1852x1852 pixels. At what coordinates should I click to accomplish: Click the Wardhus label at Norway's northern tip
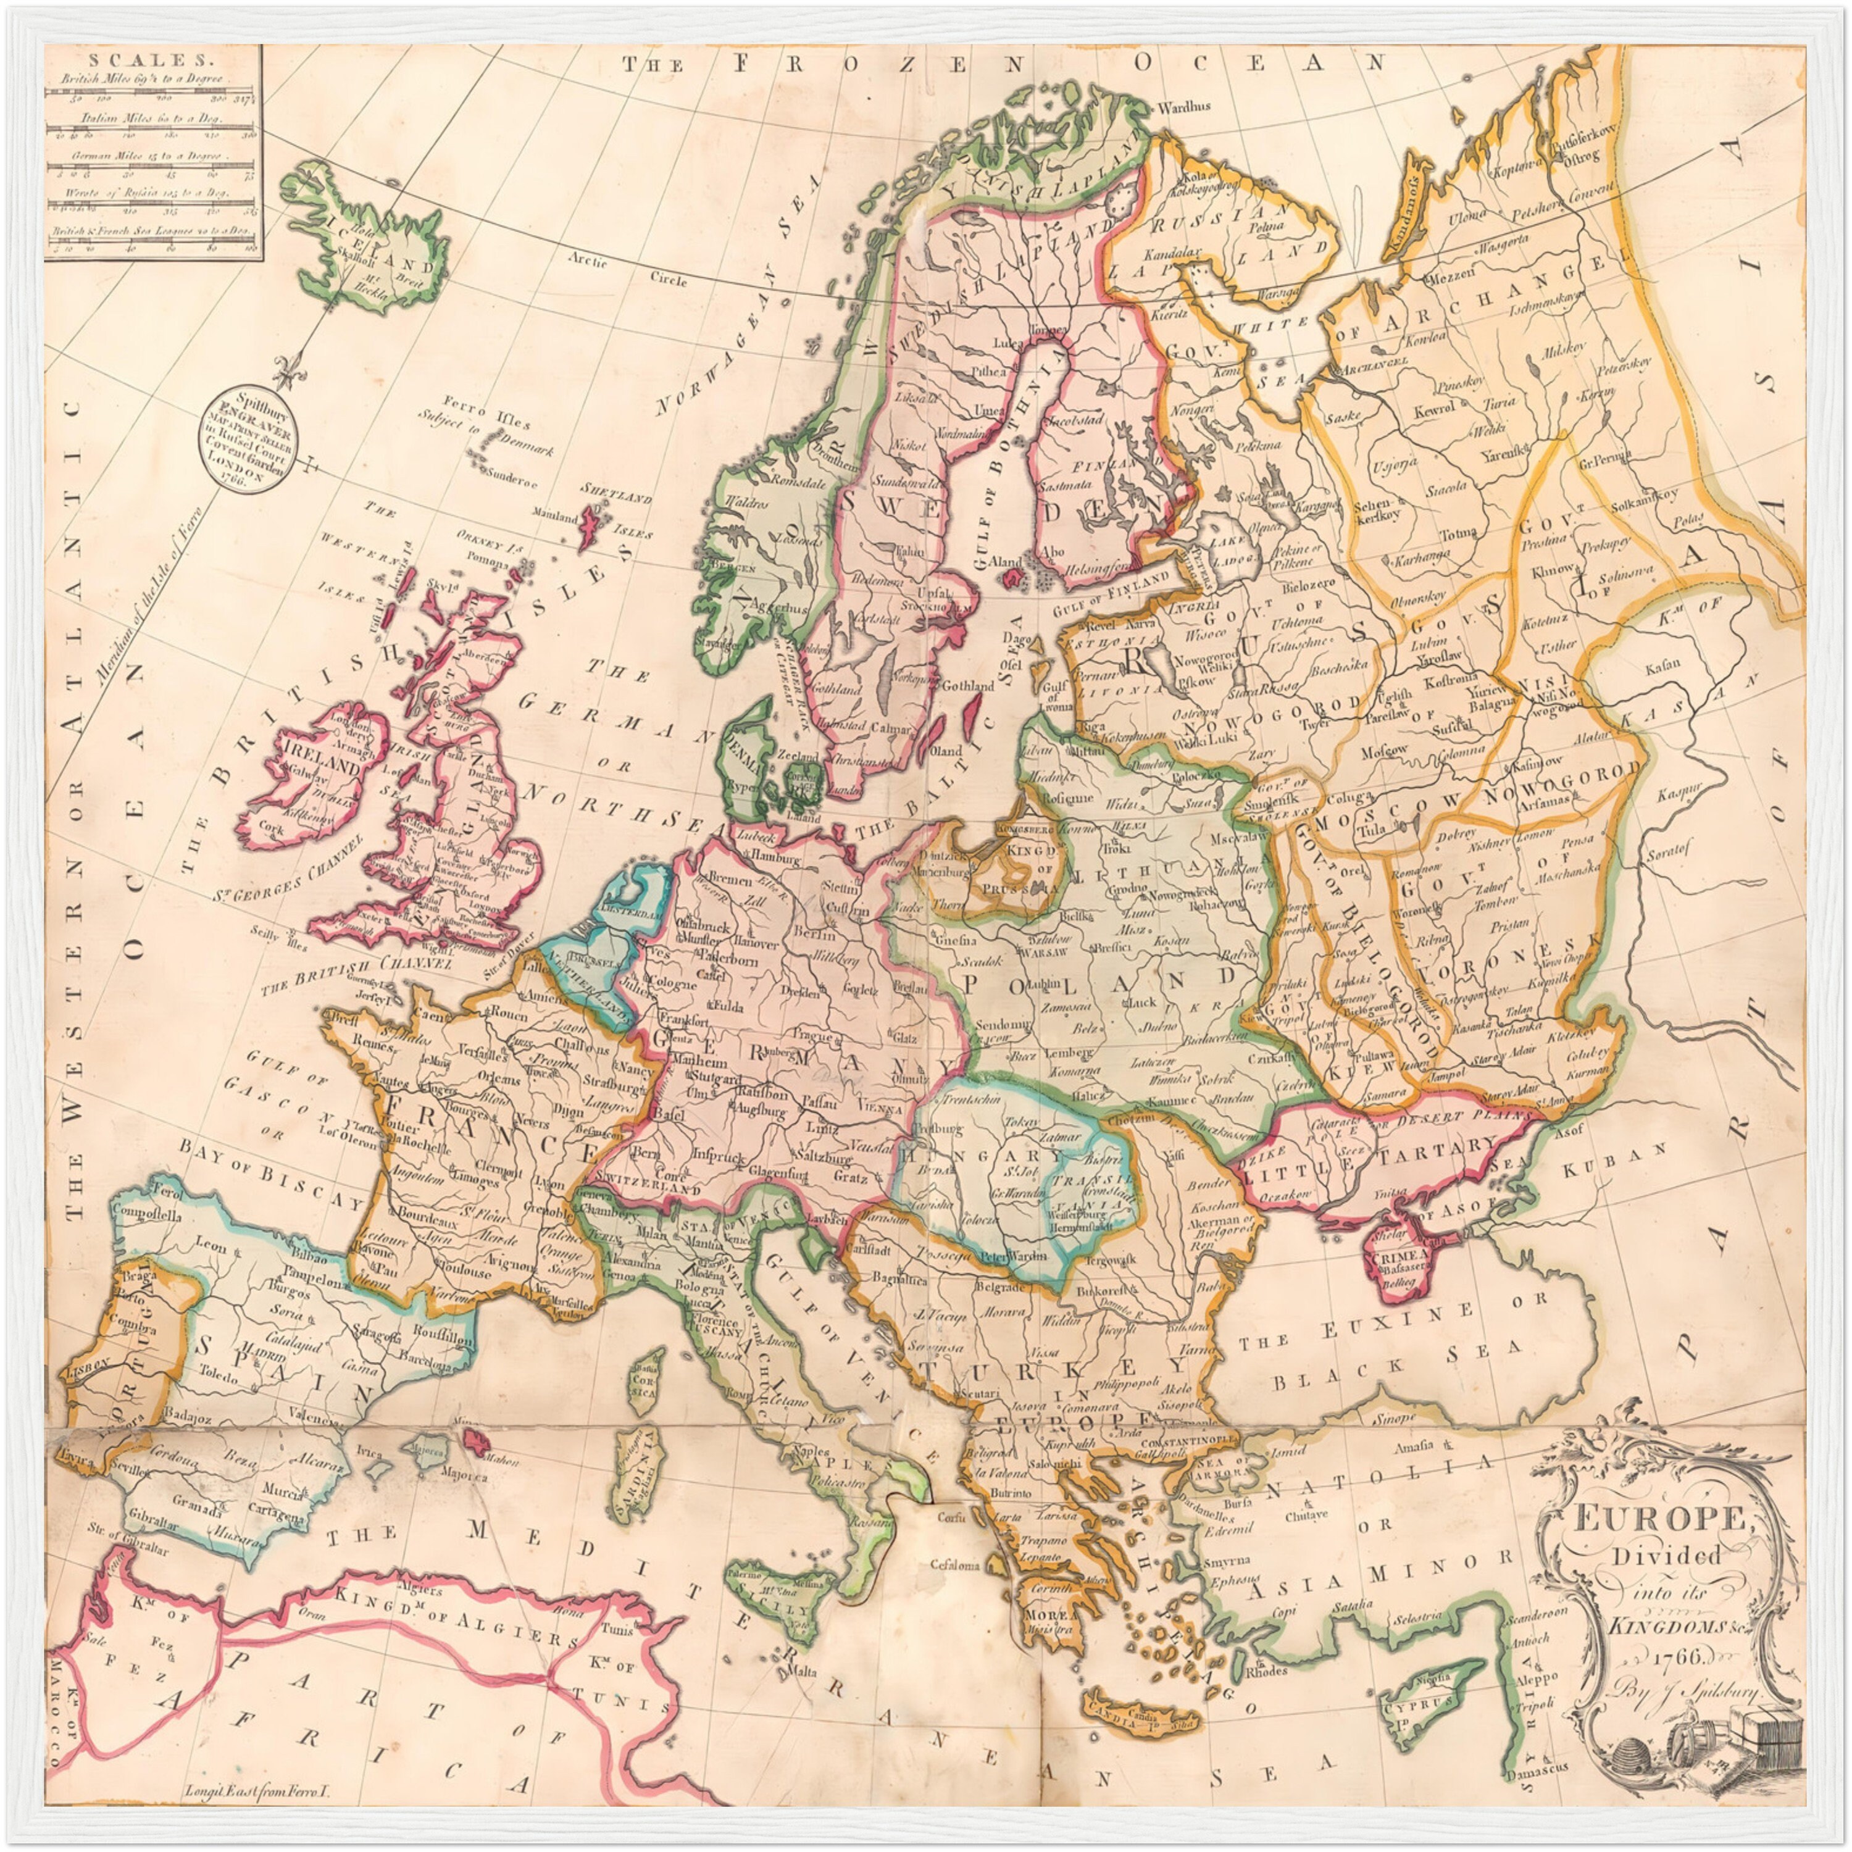coord(1185,107)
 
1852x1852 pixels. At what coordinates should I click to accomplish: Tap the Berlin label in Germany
coord(815,933)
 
